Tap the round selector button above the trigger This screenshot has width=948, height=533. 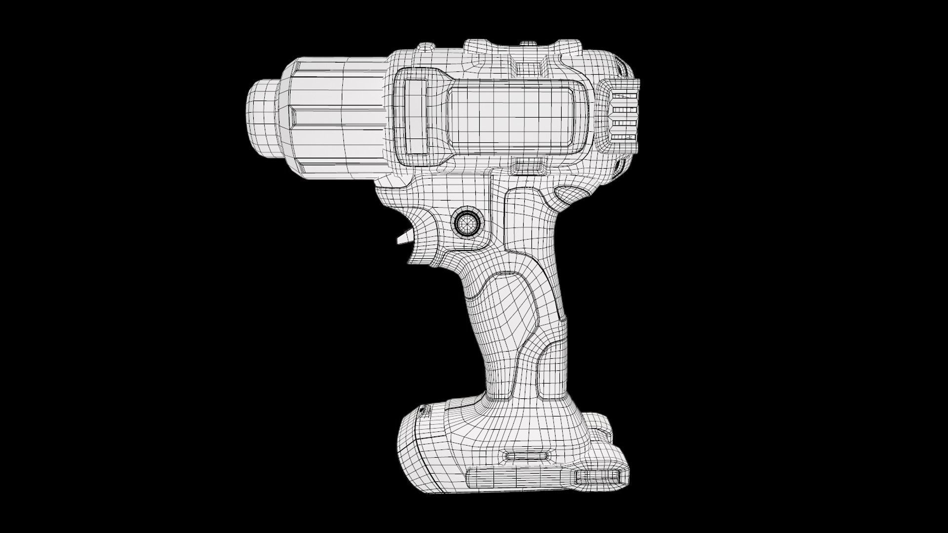[x=466, y=224]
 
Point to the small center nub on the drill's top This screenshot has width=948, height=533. [x=528, y=44]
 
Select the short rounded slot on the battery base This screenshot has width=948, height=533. [x=528, y=456]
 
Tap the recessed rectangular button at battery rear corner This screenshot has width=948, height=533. [x=598, y=476]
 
